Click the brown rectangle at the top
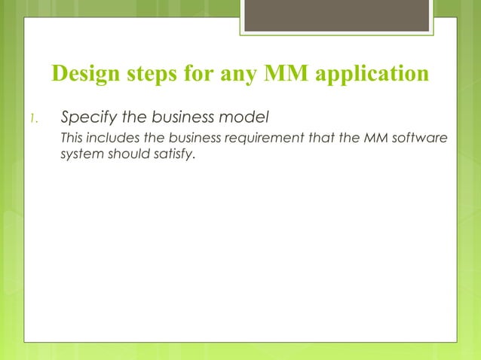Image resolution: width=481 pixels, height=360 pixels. coord(337,15)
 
